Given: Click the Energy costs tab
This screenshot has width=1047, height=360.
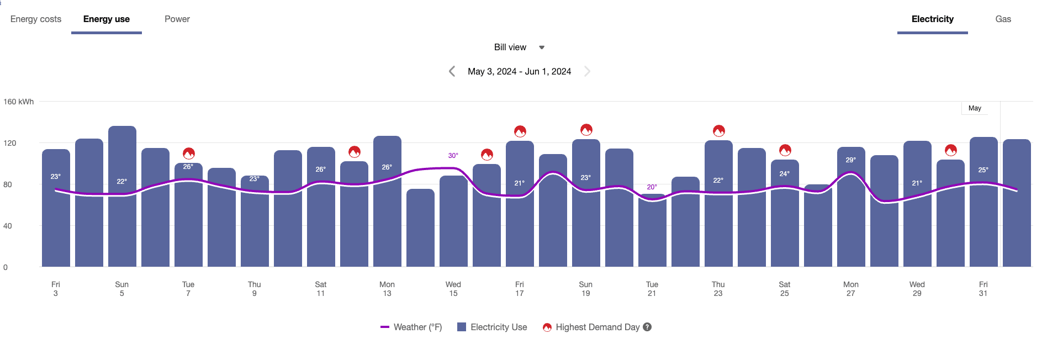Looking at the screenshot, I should click(36, 19).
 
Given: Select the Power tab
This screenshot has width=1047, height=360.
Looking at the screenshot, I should click(177, 19).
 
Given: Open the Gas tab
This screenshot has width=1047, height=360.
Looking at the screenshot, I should click(1003, 19).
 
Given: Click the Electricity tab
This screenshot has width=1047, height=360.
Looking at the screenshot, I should click(932, 19).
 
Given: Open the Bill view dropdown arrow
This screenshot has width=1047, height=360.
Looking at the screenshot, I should click(542, 47).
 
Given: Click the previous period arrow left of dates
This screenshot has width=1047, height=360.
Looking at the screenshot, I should click(452, 71).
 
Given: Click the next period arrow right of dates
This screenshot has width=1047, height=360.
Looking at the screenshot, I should click(588, 71).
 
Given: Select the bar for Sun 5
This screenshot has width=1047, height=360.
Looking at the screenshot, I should click(122, 221).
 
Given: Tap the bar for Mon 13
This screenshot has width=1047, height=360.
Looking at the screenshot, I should click(387, 221).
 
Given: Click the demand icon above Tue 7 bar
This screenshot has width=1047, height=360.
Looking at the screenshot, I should click(189, 153).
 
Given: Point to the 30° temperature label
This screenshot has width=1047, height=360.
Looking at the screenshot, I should click(453, 156).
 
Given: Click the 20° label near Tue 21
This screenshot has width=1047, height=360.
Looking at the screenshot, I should click(652, 187).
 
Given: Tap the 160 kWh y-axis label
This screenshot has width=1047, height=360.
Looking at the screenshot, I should click(19, 102).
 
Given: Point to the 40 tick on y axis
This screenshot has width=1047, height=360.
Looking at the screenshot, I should click(8, 226).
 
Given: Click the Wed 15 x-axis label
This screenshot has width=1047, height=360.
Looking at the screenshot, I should click(453, 289).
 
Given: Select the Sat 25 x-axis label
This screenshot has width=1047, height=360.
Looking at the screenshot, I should click(784, 289).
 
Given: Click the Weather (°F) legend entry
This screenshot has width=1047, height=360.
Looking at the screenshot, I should click(411, 327).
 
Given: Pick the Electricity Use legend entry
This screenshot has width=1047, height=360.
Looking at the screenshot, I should click(493, 327).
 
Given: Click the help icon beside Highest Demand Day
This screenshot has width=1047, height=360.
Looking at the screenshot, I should click(647, 327).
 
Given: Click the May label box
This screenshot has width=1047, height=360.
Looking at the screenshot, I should click(975, 108).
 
